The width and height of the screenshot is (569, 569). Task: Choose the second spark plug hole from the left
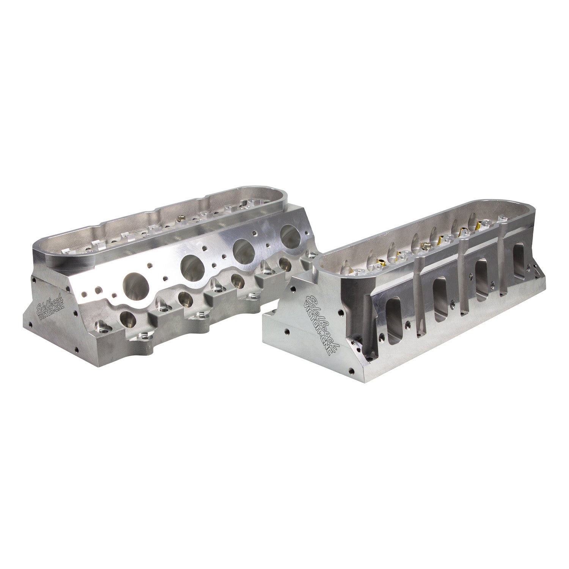pos(186,300)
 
